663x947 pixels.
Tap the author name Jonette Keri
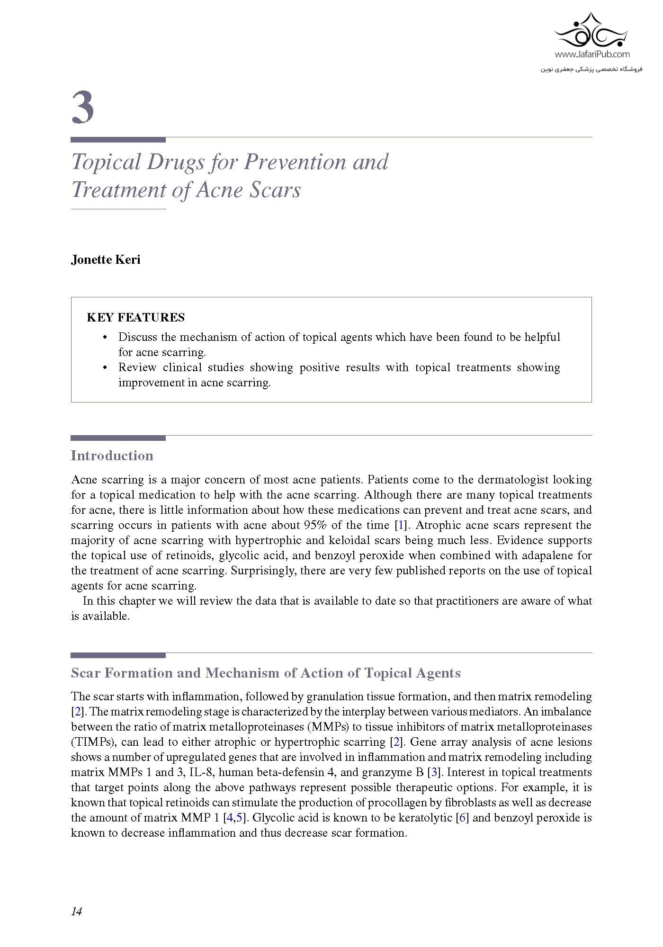point(106,260)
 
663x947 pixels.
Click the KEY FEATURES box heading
point(135,317)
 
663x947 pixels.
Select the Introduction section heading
point(112,456)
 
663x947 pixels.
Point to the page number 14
point(76,911)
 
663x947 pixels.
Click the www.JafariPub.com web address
point(591,54)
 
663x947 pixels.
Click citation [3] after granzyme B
point(434,772)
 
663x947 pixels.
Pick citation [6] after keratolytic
point(462,818)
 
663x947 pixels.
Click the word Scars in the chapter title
point(278,190)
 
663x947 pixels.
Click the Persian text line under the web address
point(591,69)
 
